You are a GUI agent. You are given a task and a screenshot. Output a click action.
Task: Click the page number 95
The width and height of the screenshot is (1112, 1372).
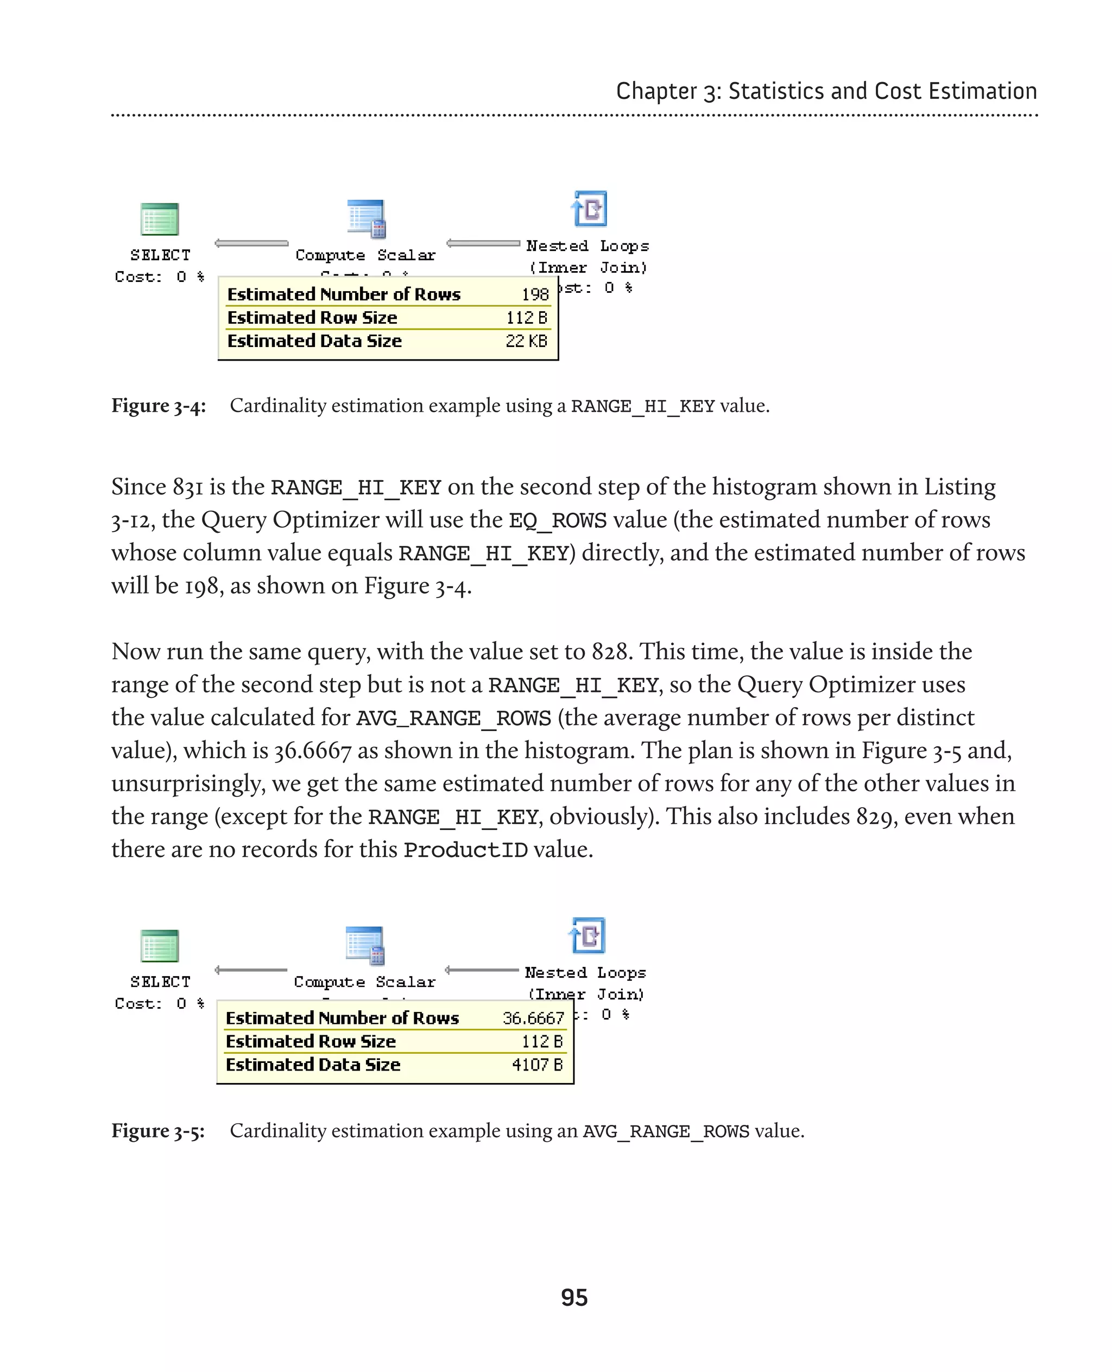(574, 1298)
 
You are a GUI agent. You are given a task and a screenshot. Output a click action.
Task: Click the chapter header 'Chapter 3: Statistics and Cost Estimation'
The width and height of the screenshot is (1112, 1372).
(826, 91)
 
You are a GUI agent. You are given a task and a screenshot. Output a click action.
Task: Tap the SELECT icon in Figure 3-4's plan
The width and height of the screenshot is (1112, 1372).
(160, 219)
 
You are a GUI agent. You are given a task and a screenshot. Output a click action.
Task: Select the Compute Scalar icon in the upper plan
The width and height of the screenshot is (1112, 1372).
(367, 218)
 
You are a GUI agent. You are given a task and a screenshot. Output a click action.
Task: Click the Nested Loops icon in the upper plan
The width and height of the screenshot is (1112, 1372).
(589, 209)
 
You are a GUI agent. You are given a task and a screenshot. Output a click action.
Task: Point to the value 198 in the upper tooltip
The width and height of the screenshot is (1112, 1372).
(535, 295)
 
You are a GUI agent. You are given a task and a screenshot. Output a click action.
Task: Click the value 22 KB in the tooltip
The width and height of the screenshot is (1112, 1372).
(526, 342)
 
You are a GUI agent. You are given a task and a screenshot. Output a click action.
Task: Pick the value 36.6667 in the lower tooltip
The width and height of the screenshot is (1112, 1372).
(533, 1018)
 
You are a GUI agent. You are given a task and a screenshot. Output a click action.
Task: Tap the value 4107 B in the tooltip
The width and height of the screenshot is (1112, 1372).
(537, 1065)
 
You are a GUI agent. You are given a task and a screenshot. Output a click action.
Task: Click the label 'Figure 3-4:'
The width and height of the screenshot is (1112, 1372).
(158, 406)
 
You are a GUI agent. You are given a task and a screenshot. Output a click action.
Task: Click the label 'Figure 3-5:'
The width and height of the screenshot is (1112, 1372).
(158, 1131)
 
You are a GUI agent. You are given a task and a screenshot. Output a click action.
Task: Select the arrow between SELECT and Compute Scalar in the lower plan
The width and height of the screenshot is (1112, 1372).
(251, 970)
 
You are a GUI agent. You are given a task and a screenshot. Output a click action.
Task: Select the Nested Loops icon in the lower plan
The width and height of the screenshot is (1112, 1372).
(587, 936)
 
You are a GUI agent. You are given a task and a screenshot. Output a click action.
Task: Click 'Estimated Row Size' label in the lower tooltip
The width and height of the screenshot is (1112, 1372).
(311, 1041)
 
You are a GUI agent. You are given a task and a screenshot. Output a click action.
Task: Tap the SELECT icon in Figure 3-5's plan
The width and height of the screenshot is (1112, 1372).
(160, 946)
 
